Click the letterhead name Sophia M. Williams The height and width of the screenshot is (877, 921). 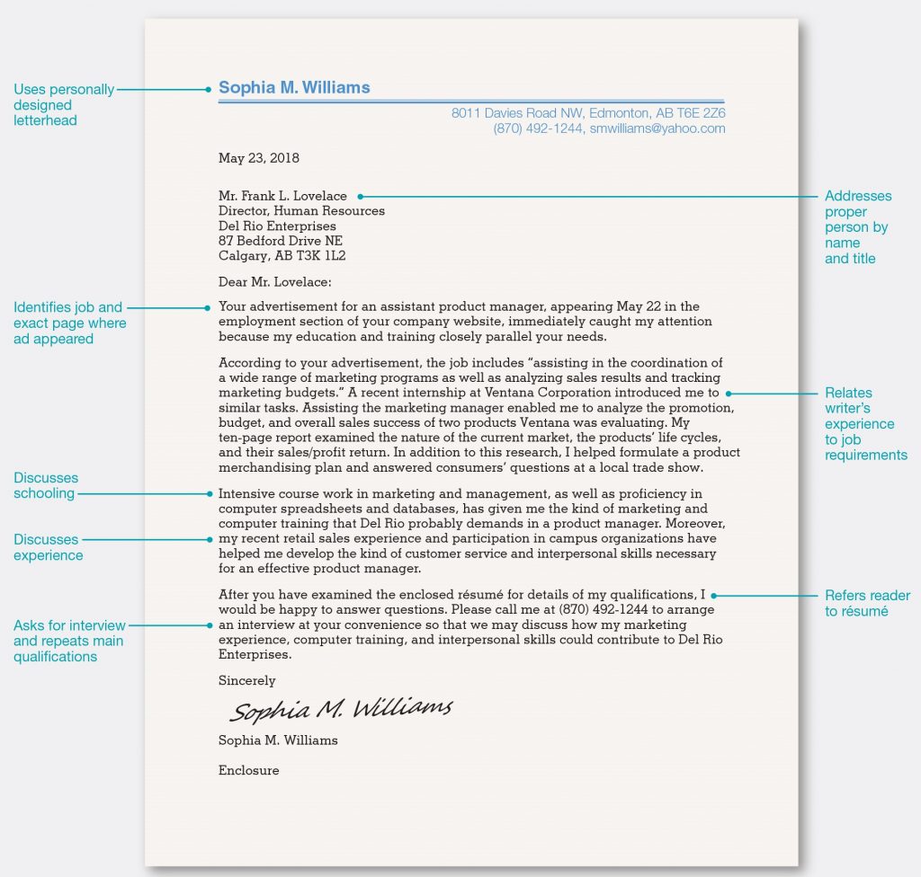294,88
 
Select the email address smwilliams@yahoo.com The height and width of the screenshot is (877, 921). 657,128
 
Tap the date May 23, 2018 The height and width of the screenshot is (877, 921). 259,158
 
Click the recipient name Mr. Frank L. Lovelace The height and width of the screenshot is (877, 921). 282,196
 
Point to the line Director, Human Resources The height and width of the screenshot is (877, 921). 301,211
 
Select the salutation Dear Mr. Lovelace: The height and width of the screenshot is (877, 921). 275,281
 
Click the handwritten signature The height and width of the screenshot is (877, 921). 341,710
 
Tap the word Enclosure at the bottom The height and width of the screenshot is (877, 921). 249,770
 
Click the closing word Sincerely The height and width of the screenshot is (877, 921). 247,680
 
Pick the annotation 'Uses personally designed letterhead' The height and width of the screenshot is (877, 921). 64,105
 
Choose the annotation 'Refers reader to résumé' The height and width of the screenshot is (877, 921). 867,603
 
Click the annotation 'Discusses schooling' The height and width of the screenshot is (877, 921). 46,485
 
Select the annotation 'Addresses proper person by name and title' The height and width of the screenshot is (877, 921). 858,227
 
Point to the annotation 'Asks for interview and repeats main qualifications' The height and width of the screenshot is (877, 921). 68,641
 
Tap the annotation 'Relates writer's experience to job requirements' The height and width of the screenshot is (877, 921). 865,423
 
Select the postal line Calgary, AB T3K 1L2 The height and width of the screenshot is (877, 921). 282,256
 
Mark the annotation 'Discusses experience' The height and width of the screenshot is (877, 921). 48,547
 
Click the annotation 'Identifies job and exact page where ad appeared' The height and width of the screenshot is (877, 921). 69,323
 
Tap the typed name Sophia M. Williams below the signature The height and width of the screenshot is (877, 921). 278,740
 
